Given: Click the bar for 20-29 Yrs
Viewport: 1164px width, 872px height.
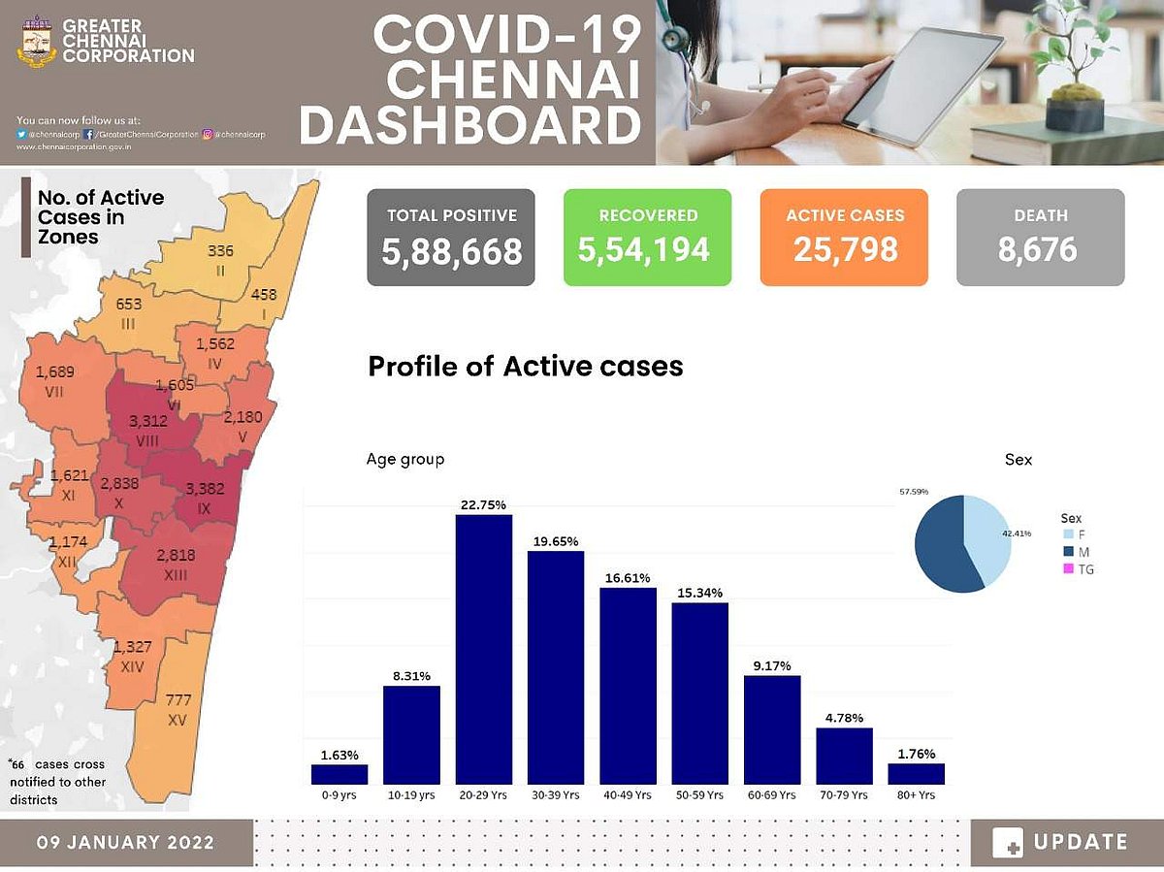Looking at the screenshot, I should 484,649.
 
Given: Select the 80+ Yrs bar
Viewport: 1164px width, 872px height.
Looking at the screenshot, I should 916,773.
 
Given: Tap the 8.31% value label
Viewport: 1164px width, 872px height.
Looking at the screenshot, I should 411,675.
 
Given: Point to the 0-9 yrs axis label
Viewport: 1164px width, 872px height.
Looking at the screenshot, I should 339,794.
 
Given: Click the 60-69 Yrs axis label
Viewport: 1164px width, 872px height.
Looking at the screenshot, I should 771,794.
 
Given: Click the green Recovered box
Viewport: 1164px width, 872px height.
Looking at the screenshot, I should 647,238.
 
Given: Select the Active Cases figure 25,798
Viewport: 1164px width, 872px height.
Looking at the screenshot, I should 845,250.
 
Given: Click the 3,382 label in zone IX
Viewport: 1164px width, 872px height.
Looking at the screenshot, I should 205,489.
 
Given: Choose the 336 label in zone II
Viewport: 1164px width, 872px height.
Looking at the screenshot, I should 221,251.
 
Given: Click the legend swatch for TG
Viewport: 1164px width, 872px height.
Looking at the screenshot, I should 1068,569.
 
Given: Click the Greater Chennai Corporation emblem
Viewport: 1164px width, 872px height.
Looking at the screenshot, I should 36,41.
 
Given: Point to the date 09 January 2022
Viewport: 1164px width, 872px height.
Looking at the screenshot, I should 126,842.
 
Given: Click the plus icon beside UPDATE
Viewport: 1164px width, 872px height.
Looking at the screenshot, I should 1008,843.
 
